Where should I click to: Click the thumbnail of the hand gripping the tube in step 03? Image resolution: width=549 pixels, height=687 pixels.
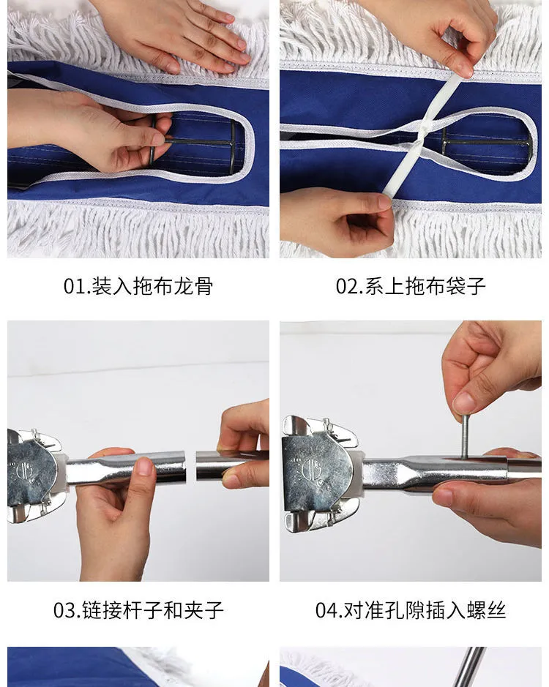pyautogui.click(x=145, y=466)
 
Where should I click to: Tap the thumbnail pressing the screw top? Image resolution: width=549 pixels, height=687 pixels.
pyautogui.click(x=465, y=402)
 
